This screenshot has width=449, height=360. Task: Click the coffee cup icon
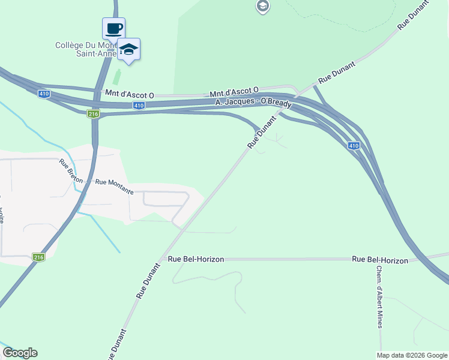pyautogui.click(x=113, y=29)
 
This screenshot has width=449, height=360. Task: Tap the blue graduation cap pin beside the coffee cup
pyautogui.click(x=128, y=49)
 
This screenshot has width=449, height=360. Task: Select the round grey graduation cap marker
pyautogui.click(x=262, y=7)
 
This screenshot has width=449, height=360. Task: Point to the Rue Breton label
pyautogui.click(x=70, y=171)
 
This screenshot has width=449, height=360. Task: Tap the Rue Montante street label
pyautogui.click(x=114, y=182)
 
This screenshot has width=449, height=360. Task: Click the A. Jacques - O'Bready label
pyautogui.click(x=254, y=103)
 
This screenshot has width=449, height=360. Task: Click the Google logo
pyautogui.click(x=20, y=353)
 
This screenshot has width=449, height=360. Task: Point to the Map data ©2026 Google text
pyautogui.click(x=412, y=355)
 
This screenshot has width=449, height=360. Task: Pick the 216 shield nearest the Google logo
pyautogui.click(x=39, y=257)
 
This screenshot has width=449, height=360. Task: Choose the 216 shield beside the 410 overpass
pyautogui.click(x=92, y=113)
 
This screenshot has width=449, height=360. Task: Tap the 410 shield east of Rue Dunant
pyautogui.click(x=354, y=145)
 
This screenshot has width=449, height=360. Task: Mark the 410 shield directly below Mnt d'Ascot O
pyautogui.click(x=139, y=106)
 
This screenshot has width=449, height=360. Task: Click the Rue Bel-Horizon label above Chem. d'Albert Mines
pyautogui.click(x=380, y=260)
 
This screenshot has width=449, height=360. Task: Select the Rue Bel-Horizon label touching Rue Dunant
pyautogui.click(x=196, y=259)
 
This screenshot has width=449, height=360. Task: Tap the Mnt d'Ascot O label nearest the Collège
pyautogui.click(x=130, y=95)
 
